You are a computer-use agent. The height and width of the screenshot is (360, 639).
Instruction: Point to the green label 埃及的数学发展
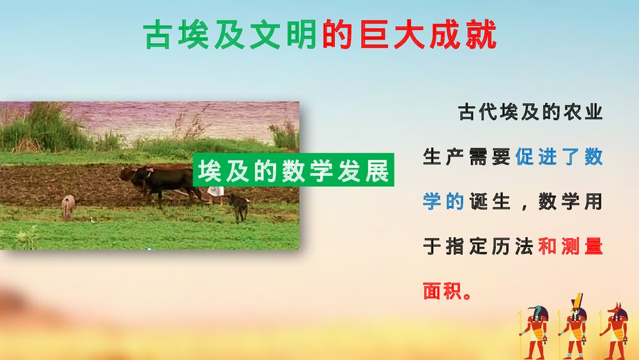coord(294,171)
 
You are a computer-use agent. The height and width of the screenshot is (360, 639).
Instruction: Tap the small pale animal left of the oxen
coord(68,205)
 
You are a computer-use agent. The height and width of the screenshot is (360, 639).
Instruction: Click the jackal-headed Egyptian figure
coord(616,330)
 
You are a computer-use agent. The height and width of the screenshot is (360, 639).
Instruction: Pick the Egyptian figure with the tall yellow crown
coord(576,326)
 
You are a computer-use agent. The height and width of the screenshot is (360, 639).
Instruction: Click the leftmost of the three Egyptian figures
coord(535,330)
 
